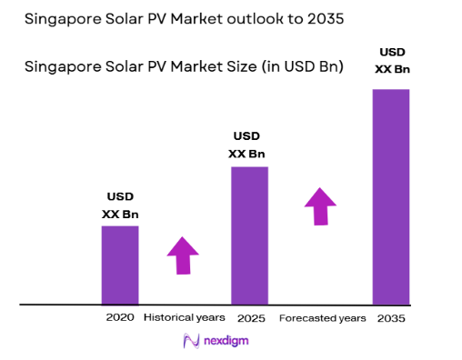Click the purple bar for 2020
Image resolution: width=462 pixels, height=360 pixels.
120,265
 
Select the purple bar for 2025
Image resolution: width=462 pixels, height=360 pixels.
249,235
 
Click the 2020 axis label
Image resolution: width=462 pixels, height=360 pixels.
120,318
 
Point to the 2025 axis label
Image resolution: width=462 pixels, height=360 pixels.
250,318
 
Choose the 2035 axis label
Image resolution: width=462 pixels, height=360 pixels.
391,318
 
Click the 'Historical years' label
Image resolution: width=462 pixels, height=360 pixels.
186,318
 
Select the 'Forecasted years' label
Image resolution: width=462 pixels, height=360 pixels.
323,318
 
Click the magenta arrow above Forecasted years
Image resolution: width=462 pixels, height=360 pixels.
319,206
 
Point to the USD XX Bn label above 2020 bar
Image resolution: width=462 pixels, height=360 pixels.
120,205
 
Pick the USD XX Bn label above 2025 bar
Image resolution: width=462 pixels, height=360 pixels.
247,145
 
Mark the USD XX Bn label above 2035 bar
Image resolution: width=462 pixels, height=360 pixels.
390,61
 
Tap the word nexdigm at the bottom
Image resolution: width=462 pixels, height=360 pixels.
225,341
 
